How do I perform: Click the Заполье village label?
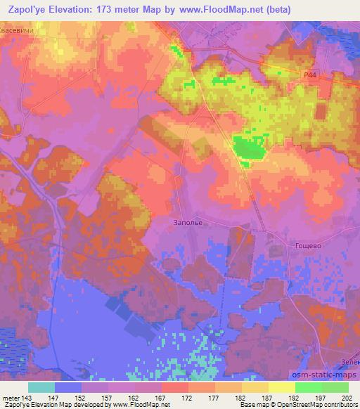[188, 223]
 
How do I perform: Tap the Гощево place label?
[304, 247]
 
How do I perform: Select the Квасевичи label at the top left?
[19, 30]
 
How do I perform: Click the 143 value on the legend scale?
[27, 398]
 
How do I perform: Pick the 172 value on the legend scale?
[187, 398]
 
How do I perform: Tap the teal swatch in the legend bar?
[41, 387]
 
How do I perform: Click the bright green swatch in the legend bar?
[309, 387]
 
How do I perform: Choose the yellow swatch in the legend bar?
[282, 387]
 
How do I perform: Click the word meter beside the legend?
[11, 398]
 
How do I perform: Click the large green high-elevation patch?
[248, 148]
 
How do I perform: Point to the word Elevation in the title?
[77, 9]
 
